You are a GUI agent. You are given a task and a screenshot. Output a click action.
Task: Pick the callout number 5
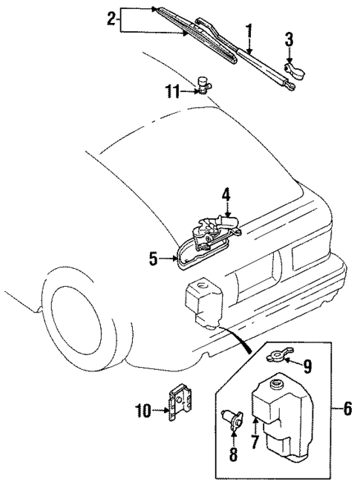[152, 258]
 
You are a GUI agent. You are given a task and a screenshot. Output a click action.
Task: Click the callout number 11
[172, 91]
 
